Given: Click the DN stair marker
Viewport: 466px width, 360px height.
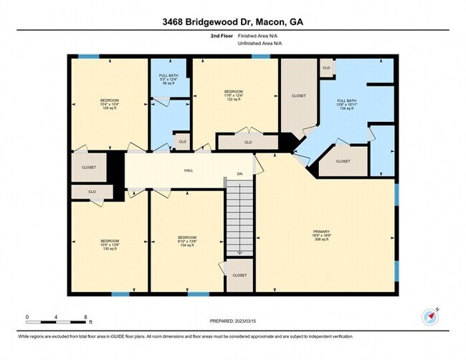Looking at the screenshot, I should click(x=240, y=174).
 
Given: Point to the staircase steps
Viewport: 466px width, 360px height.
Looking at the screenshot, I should click(x=240, y=218).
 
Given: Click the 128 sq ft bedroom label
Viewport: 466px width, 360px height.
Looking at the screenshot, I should click(x=109, y=104).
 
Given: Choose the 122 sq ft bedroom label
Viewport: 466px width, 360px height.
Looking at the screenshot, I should click(x=234, y=96).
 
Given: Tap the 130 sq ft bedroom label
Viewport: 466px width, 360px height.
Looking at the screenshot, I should click(x=109, y=245).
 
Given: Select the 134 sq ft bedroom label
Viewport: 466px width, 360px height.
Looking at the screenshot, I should click(x=188, y=242).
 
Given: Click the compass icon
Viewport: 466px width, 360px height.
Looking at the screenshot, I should click(x=429, y=317).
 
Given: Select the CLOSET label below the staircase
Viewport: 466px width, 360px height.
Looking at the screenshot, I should click(x=240, y=275).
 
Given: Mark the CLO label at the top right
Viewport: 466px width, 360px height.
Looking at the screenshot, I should click(x=326, y=68).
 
